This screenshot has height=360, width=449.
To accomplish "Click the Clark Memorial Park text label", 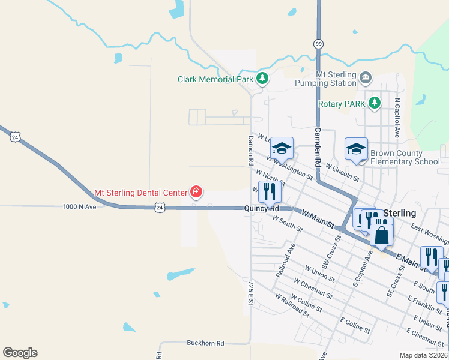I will (x=215, y=79).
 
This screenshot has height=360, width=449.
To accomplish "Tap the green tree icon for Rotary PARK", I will (x=375, y=103).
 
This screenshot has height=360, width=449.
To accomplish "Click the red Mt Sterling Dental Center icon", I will (x=196, y=193).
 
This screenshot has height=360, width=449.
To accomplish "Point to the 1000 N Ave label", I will (x=79, y=206).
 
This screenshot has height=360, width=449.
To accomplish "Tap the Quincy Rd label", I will (x=261, y=209).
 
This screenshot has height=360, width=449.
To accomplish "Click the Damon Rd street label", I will (x=251, y=151).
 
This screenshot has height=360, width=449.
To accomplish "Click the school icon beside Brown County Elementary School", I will (x=356, y=149).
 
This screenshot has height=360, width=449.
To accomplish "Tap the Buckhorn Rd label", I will (x=205, y=343).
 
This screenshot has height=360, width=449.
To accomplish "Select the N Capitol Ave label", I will (x=397, y=118).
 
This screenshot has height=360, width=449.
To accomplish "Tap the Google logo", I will (x=20, y=353).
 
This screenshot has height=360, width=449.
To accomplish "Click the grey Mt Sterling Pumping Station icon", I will (x=365, y=77).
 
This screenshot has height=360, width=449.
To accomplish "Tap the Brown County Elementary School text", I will (x=405, y=157).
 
